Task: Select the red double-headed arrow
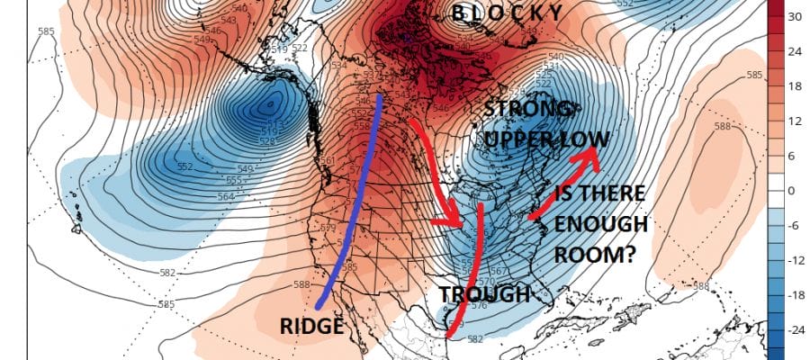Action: click(563, 184)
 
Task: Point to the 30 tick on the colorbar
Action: click(795, 16)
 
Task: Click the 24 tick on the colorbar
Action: click(795, 51)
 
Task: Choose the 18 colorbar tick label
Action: click(795, 86)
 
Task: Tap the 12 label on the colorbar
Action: click(795, 121)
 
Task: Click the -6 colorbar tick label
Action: click(794, 226)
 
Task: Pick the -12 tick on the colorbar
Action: click(796, 260)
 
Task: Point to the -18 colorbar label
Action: click(796, 295)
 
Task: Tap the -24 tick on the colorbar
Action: click(796, 330)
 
